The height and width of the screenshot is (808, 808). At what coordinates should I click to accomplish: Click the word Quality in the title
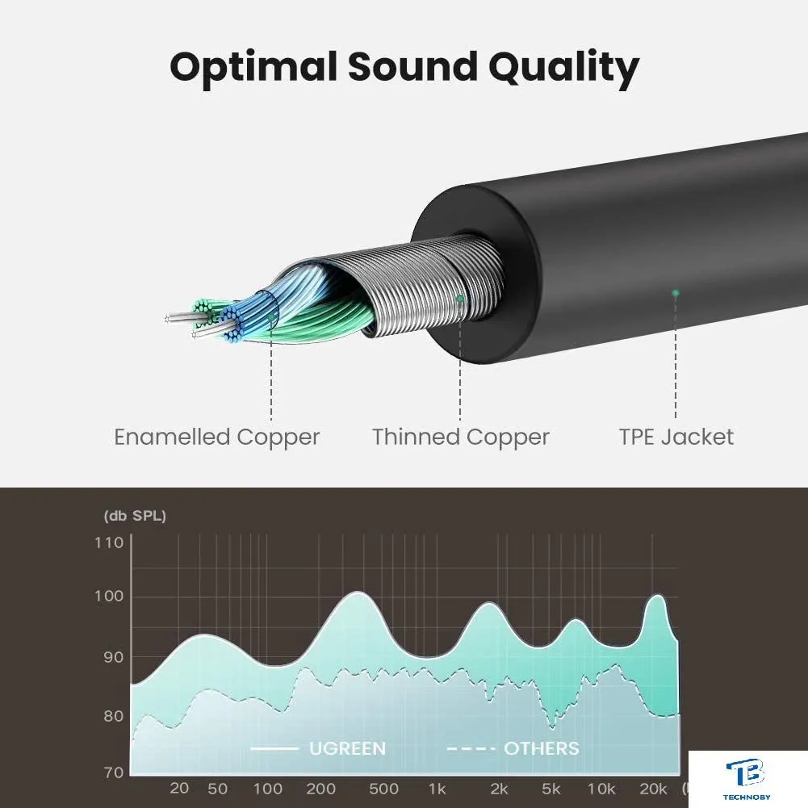(x=563, y=68)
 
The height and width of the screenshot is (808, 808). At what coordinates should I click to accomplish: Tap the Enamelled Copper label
(x=217, y=437)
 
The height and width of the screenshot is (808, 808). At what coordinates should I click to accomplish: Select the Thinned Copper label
(x=461, y=437)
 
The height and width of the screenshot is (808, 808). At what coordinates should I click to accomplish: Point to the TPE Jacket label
(x=676, y=437)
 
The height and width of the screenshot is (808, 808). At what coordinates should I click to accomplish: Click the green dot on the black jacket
(x=676, y=293)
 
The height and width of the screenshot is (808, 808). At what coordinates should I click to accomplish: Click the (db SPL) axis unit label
(x=135, y=516)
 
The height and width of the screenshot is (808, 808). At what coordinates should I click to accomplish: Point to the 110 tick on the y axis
(x=109, y=542)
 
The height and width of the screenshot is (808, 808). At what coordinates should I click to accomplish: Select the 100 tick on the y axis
(x=109, y=597)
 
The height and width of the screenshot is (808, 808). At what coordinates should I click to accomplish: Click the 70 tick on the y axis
(x=114, y=772)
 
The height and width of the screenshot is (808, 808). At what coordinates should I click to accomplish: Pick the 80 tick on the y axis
(x=114, y=716)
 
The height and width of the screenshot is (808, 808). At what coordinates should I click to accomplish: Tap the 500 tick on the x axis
(x=384, y=789)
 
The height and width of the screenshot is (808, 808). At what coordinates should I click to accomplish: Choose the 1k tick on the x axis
(x=437, y=789)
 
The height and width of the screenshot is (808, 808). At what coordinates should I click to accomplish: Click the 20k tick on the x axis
(x=653, y=789)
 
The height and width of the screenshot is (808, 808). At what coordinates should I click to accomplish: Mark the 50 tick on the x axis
(x=217, y=789)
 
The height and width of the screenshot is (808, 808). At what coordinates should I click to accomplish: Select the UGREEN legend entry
(x=318, y=748)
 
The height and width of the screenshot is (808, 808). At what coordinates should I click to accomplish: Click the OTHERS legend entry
(x=513, y=748)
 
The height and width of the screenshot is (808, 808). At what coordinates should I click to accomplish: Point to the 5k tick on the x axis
(x=551, y=789)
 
